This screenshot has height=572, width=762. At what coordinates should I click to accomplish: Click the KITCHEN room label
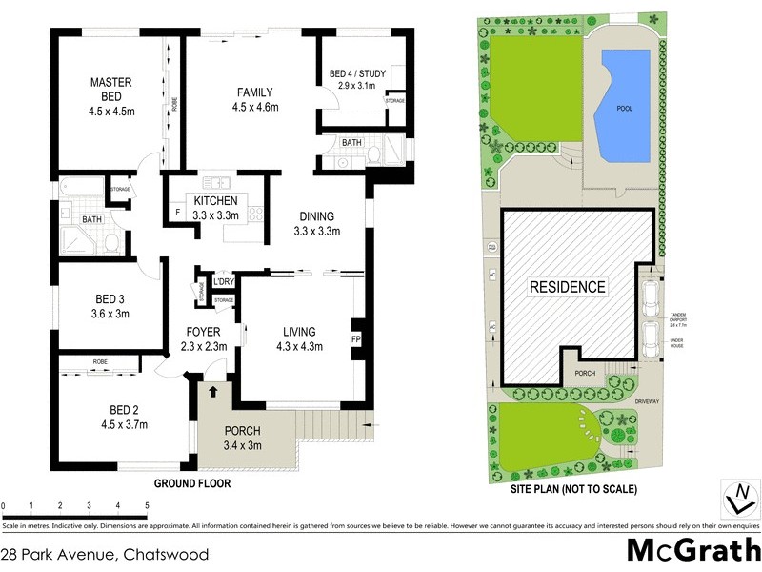point(215,208)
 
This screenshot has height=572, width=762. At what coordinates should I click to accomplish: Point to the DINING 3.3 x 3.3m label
point(317,223)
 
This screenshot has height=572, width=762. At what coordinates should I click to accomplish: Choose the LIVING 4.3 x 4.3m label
point(298,338)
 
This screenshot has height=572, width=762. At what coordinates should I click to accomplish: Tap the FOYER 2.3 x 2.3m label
point(202,338)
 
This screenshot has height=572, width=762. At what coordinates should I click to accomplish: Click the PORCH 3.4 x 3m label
point(242,437)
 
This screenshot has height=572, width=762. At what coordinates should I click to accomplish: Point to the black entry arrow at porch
point(212,390)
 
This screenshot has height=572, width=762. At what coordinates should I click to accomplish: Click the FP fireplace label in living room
point(357,339)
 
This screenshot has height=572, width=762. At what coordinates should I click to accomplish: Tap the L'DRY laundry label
point(224,283)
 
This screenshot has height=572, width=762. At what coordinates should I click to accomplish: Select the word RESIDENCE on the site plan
point(568,286)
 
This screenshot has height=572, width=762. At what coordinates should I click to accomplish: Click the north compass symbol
point(739,500)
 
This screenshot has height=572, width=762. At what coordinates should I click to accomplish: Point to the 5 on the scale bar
point(147,505)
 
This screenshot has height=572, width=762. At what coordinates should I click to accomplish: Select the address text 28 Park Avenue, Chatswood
point(105,553)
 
